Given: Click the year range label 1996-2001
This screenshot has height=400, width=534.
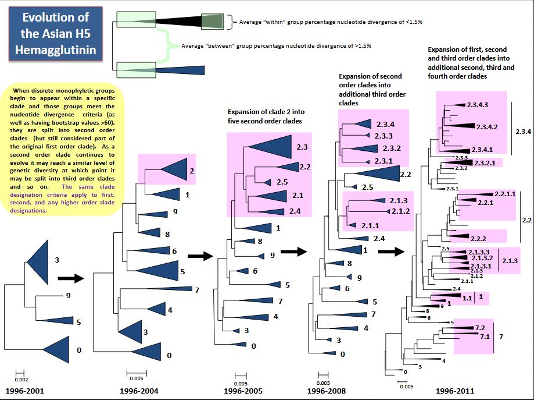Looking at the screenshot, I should (x=24, y=390).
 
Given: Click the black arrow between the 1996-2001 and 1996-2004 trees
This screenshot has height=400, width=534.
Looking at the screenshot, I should (x=71, y=278).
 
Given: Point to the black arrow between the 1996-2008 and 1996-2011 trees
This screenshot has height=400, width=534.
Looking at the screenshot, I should (x=390, y=252).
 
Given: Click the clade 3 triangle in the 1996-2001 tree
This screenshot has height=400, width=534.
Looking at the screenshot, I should (x=39, y=261).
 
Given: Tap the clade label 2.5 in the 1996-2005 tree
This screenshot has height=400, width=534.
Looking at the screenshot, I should (x=282, y=182).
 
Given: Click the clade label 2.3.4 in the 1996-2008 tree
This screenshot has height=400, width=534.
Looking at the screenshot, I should (x=385, y=124).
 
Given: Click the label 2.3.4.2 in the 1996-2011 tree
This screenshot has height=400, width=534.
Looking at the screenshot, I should (x=486, y=126).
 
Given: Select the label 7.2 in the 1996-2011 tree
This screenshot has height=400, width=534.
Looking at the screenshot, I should (x=480, y=328).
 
